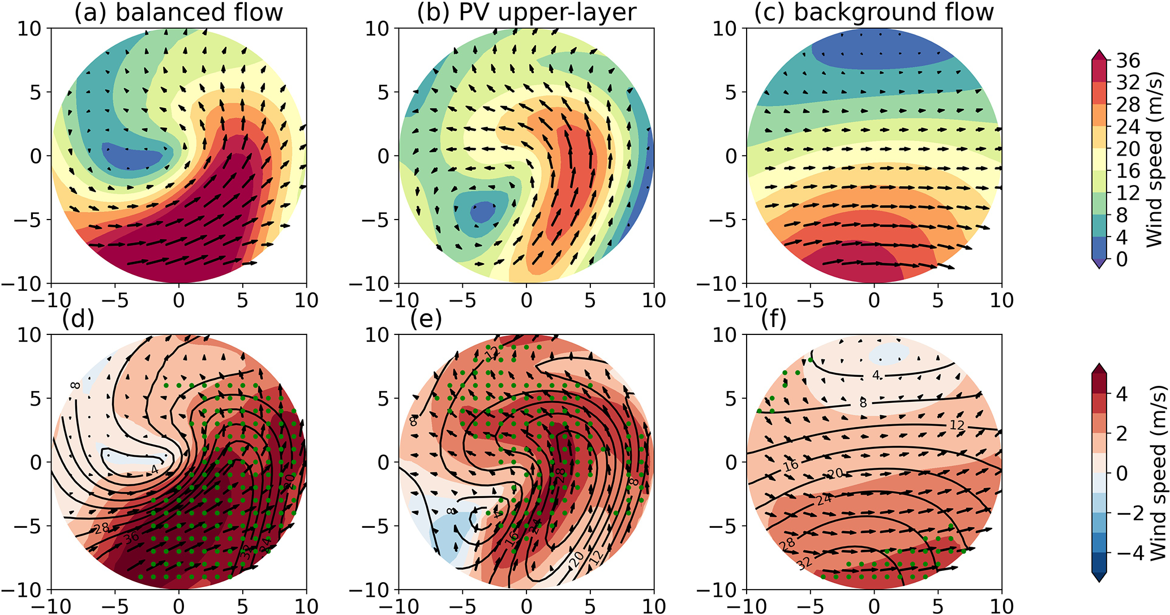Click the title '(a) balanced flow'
coord(178,12)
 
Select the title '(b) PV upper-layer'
coord(526,12)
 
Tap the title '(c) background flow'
coord(874,12)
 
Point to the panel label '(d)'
coord(78,320)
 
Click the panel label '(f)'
coord(774,320)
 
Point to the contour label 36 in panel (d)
coord(132,539)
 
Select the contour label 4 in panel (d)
coord(154,469)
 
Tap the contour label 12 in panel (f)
coord(956,425)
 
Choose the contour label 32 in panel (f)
coord(804,564)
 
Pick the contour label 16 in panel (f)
coord(791,466)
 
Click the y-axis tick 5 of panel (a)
coord(36,92)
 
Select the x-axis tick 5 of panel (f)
coord(938,605)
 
